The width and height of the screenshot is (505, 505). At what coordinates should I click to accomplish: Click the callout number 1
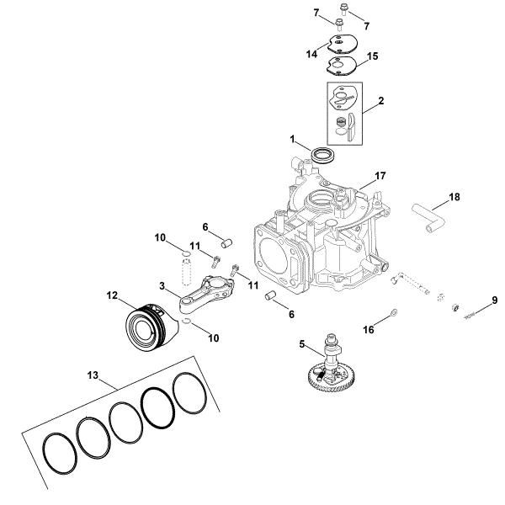(x=294, y=138)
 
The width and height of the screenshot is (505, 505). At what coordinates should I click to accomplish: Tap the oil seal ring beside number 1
(x=322, y=155)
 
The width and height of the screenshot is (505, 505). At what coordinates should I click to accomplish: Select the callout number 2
(x=381, y=101)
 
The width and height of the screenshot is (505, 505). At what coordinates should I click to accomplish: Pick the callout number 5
(x=301, y=343)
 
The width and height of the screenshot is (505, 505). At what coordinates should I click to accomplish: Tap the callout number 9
(x=495, y=300)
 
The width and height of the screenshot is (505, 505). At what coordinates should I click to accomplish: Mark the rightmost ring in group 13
(x=193, y=392)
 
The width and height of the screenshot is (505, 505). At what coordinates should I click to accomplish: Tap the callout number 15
(x=374, y=56)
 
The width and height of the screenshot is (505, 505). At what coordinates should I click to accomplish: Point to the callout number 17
(x=380, y=177)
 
